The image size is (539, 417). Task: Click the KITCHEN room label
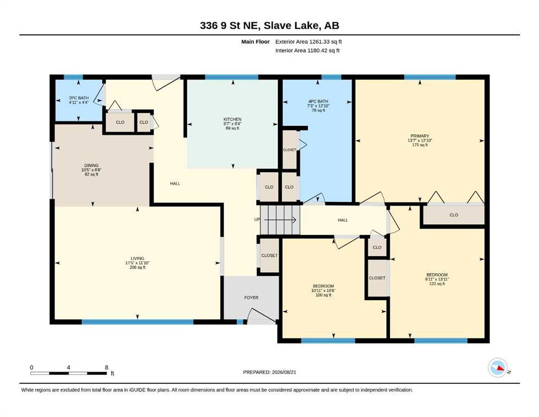tap(232, 119)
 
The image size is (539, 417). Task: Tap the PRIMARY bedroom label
tap(420, 136)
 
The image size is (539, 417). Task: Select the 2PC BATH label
tap(79, 98)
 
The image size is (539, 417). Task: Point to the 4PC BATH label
tap(318, 102)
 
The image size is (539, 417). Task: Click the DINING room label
tap(91, 166)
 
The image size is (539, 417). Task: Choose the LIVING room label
tap(137, 258)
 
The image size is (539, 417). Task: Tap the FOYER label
tap(251, 298)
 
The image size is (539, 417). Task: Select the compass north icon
tap(498, 368)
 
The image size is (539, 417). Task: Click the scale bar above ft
tap(69, 373)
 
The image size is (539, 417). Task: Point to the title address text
tap(269, 26)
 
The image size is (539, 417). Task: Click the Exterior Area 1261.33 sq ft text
tap(308, 42)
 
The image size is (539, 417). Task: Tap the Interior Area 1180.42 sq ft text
tap(307, 50)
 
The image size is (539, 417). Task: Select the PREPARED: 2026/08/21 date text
tap(269, 372)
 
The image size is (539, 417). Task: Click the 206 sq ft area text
tap(137, 267)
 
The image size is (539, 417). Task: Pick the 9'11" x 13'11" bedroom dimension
tap(437, 279)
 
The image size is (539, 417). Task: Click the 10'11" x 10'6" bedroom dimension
tap(324, 290)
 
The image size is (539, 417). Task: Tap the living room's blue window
tap(137, 322)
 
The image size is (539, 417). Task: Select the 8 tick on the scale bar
tap(106, 367)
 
